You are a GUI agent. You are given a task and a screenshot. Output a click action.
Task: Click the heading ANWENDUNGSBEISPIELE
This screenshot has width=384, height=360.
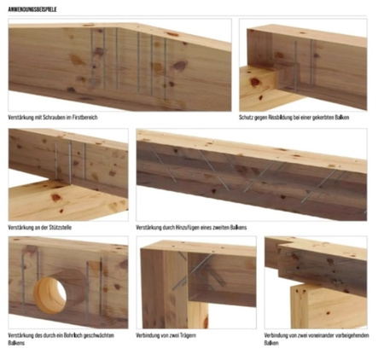coord(32,9)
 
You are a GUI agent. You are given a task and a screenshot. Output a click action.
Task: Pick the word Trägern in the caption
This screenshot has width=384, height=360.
coord(188,335)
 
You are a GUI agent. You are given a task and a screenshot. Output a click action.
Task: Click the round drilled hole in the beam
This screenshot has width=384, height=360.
coord(50,295)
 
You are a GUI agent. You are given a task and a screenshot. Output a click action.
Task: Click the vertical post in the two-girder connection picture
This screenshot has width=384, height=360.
coord(164,287)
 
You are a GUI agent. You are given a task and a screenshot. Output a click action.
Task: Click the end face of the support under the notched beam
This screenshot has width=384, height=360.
coord(258,88)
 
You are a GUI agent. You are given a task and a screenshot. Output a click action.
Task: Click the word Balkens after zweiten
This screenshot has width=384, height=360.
coord(238,228)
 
